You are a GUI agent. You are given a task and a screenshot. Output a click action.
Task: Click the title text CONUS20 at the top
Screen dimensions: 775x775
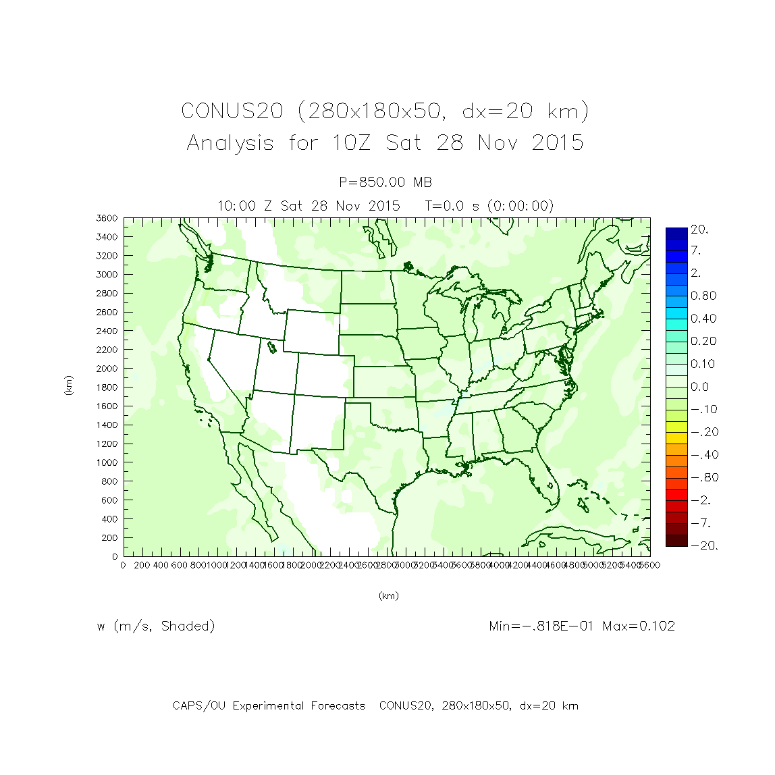[x=232, y=111]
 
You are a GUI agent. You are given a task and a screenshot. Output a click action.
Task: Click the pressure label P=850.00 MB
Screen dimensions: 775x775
[x=385, y=182]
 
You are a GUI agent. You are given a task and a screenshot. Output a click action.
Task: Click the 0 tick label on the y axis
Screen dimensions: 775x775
[x=115, y=556]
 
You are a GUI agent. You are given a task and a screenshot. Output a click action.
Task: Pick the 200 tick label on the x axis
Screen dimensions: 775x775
[x=142, y=565]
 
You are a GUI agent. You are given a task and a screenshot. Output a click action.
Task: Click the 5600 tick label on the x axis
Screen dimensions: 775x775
[x=649, y=565]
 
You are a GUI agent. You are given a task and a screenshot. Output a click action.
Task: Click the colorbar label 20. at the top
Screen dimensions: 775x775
[x=699, y=230]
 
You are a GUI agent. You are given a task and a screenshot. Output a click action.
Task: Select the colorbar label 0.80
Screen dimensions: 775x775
[x=703, y=296]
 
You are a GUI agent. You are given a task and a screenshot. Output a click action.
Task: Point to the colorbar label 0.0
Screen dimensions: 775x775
[x=699, y=387]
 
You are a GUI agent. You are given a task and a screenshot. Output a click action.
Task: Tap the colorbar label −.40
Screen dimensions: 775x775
[x=703, y=455]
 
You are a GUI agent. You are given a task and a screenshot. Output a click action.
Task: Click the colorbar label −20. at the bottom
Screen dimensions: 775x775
[x=703, y=545]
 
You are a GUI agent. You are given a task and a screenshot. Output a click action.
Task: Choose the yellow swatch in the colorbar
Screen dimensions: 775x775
[x=676, y=427]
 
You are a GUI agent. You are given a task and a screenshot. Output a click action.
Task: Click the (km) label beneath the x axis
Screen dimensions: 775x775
[x=388, y=595]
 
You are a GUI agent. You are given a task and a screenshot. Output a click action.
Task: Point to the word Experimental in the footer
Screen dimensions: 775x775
[x=338, y=706]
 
